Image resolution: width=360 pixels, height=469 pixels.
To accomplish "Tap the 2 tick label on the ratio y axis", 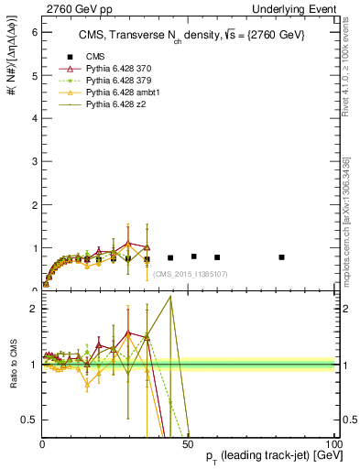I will pyautogui.click(x=32, y=309).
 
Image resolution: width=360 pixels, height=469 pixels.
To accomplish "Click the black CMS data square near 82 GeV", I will pyautogui.click(x=281, y=257).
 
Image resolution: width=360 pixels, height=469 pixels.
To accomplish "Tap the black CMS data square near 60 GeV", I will pyautogui.click(x=217, y=257).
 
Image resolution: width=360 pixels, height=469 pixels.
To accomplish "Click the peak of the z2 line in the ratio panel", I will pyautogui.click(x=170, y=296).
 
